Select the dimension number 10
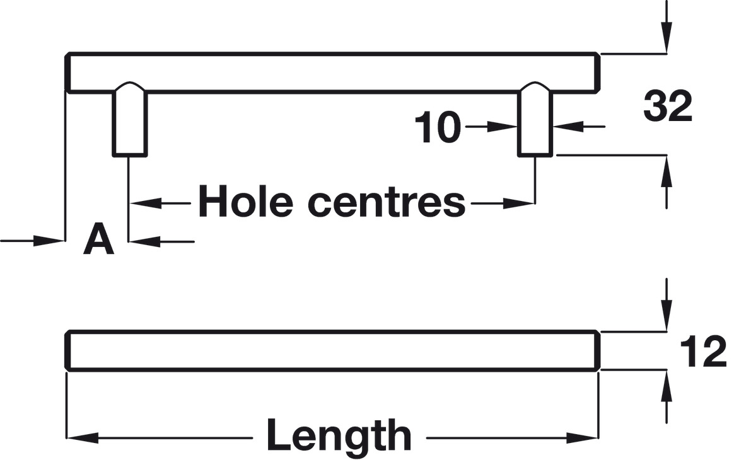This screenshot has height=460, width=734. point(437,128)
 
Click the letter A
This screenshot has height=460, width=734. point(98,240)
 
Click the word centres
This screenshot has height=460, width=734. point(386,203)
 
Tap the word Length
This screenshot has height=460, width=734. point(339,435)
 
